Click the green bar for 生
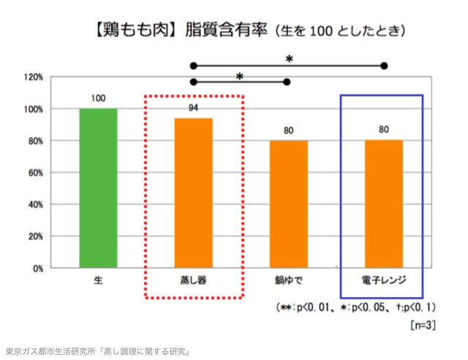pyautogui.click(x=98, y=188)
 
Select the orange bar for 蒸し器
pyautogui.click(x=193, y=193)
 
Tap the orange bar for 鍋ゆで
pyautogui.click(x=288, y=204)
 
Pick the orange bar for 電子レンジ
pyautogui.click(x=383, y=204)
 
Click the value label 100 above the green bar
pyautogui.click(x=98, y=98)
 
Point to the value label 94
pyautogui.click(x=193, y=108)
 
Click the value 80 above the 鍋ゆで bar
pyautogui.click(x=288, y=130)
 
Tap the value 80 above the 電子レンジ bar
pyautogui.click(x=383, y=130)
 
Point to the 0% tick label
pyautogui.click(x=37, y=269)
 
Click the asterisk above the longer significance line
pyautogui.click(x=289, y=58)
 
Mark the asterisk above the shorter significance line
pyautogui.click(x=239, y=75)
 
